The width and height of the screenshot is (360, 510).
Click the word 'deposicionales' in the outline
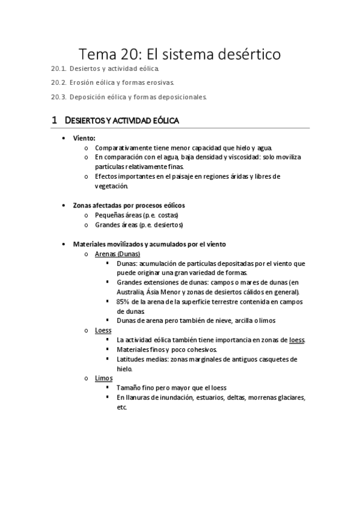[180, 96]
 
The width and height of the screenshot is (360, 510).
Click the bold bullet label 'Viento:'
[84, 138]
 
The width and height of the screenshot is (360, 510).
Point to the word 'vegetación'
[111, 186]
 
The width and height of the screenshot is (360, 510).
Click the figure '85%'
[124, 301]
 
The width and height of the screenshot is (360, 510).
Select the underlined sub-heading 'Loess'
[103, 330]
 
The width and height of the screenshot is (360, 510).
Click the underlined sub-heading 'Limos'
[103, 378]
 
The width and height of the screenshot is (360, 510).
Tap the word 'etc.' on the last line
[122, 407]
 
